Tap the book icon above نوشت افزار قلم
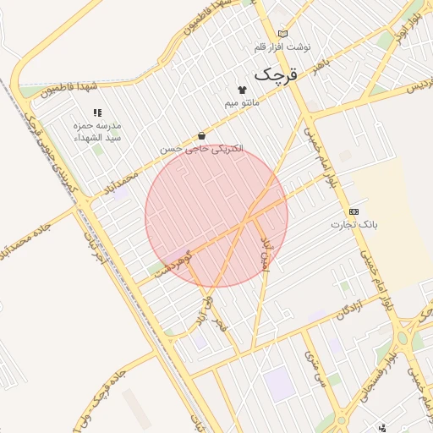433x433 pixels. (x=282, y=33)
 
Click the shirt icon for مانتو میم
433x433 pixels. (x=242, y=90)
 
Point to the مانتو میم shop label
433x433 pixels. (x=239, y=102)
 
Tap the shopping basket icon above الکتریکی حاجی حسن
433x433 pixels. (x=201, y=135)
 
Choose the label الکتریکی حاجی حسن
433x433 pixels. (x=202, y=148)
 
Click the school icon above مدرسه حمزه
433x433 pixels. (x=97, y=112)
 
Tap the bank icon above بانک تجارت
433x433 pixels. (x=354, y=211)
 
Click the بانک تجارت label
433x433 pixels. (x=354, y=225)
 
